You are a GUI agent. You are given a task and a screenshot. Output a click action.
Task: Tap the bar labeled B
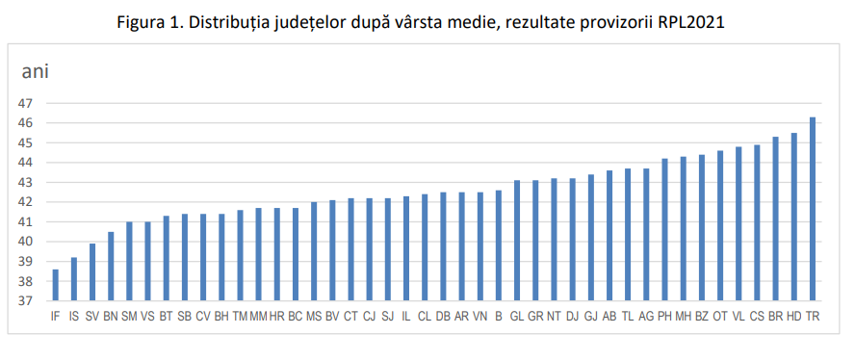point(498,245)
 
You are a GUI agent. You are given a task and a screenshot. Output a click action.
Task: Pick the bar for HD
point(793,217)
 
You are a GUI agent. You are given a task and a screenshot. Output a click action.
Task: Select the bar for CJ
point(369,249)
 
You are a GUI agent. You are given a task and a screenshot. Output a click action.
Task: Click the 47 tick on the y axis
point(26,103)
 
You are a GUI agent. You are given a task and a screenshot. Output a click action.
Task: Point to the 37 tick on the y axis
point(26,301)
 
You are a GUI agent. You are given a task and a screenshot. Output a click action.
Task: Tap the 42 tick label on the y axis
point(26,202)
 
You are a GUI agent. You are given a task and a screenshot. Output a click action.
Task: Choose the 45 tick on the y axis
point(26,142)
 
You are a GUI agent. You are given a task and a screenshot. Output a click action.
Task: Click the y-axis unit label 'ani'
point(36,71)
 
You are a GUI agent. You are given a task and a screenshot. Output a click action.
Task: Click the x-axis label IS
point(73,316)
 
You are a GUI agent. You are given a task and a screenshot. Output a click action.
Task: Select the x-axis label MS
point(314,316)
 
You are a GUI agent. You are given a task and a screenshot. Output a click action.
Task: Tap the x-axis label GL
point(516,316)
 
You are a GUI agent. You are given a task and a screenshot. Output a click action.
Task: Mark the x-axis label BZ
point(701,316)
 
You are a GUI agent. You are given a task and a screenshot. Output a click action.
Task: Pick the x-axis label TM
point(240,316)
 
